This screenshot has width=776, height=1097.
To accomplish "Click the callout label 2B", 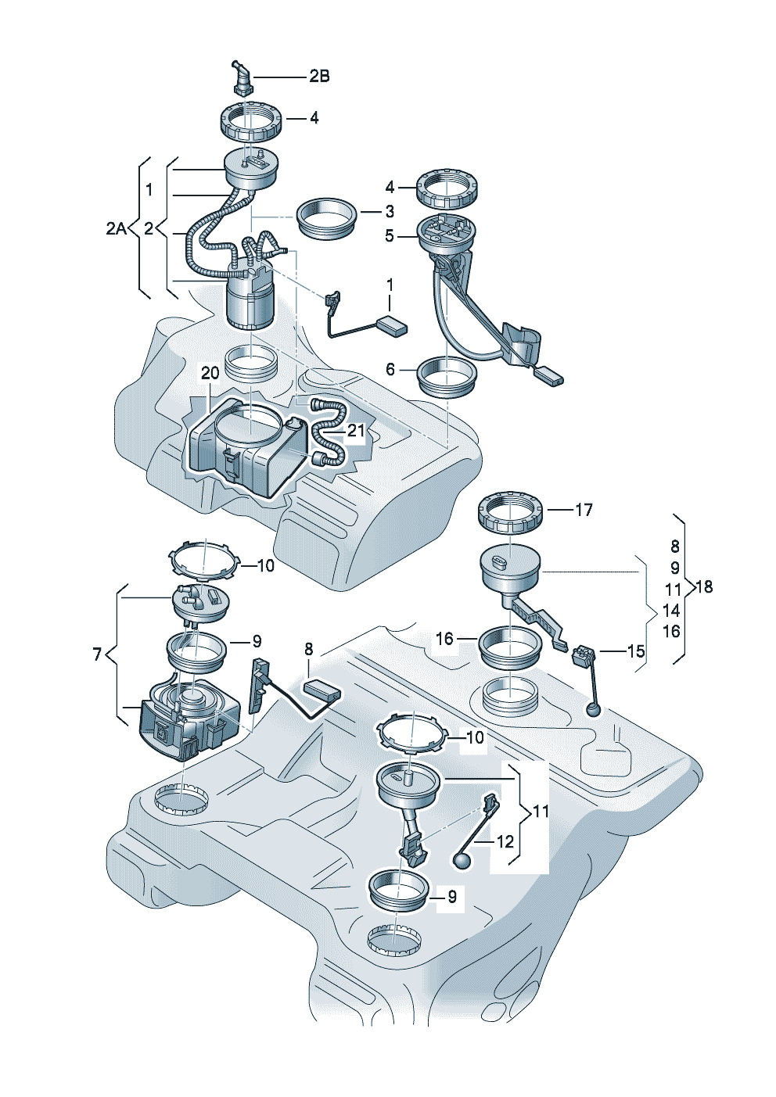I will tap(318, 76).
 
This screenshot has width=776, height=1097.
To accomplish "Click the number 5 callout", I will tap(390, 235).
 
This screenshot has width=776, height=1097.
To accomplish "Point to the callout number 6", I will tap(390, 369).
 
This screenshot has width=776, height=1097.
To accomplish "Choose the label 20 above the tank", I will tap(210, 374).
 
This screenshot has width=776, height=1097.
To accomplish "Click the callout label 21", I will tap(356, 429).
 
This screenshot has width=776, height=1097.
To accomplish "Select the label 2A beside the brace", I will tap(116, 228).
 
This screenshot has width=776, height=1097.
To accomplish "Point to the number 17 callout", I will tap(584, 510).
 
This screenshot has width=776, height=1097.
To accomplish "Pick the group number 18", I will tap(704, 586).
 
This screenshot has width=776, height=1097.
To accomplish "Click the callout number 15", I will tap(636, 650).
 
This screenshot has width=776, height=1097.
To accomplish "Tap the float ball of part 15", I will tap(595, 710).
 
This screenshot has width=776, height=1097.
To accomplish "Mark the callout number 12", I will tap(505, 841).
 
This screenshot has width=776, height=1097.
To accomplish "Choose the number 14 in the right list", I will tap(671, 610).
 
